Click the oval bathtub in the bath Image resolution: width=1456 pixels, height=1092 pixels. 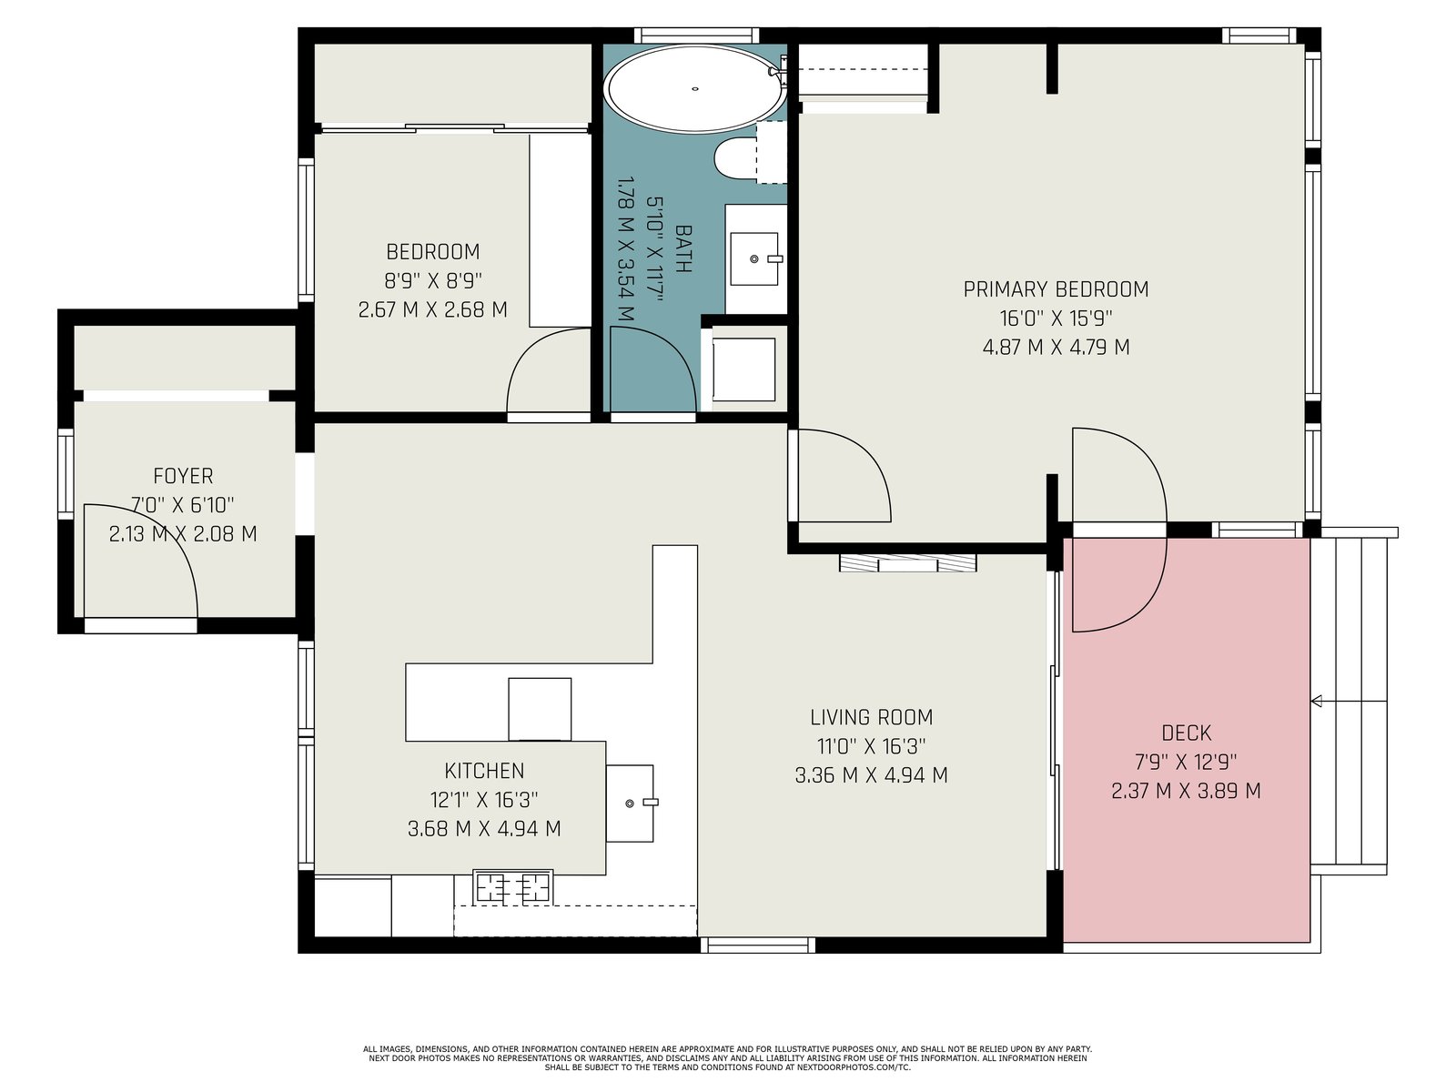[x=694, y=88]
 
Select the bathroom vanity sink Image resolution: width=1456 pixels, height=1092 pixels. [x=754, y=258]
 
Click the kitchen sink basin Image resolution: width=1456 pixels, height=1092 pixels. [x=630, y=803]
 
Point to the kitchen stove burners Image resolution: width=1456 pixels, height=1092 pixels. [x=512, y=888]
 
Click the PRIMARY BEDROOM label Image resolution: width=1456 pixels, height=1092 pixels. [x=1056, y=289]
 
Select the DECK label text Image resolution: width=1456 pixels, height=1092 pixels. [x=1186, y=733]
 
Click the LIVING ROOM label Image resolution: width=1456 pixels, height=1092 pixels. [x=871, y=717]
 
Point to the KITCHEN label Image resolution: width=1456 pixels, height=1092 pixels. [x=484, y=771]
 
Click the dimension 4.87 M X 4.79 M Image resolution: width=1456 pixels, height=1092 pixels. [x=1056, y=347]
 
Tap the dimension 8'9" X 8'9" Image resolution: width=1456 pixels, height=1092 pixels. [x=433, y=280]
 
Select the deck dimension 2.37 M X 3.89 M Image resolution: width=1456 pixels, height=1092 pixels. [x=1186, y=790]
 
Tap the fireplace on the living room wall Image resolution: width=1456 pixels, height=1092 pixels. [x=907, y=563]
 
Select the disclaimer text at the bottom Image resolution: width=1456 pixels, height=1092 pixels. [x=727, y=1058]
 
